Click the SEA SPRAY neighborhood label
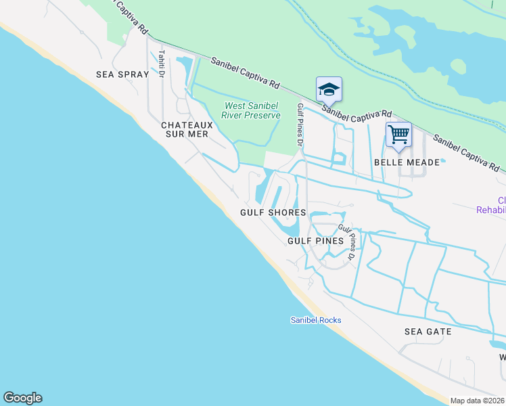[x=122, y=74]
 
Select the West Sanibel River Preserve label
[x=252, y=111]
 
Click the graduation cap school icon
[x=329, y=89]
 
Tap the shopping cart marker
[x=398, y=135]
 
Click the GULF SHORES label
[x=273, y=212]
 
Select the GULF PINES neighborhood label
[x=316, y=241]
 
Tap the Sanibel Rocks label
[x=316, y=320]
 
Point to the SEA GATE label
[x=428, y=332]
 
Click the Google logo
[x=22, y=398]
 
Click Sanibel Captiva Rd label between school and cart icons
[x=357, y=112]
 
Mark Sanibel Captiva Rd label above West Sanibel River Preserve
[x=245, y=74]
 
